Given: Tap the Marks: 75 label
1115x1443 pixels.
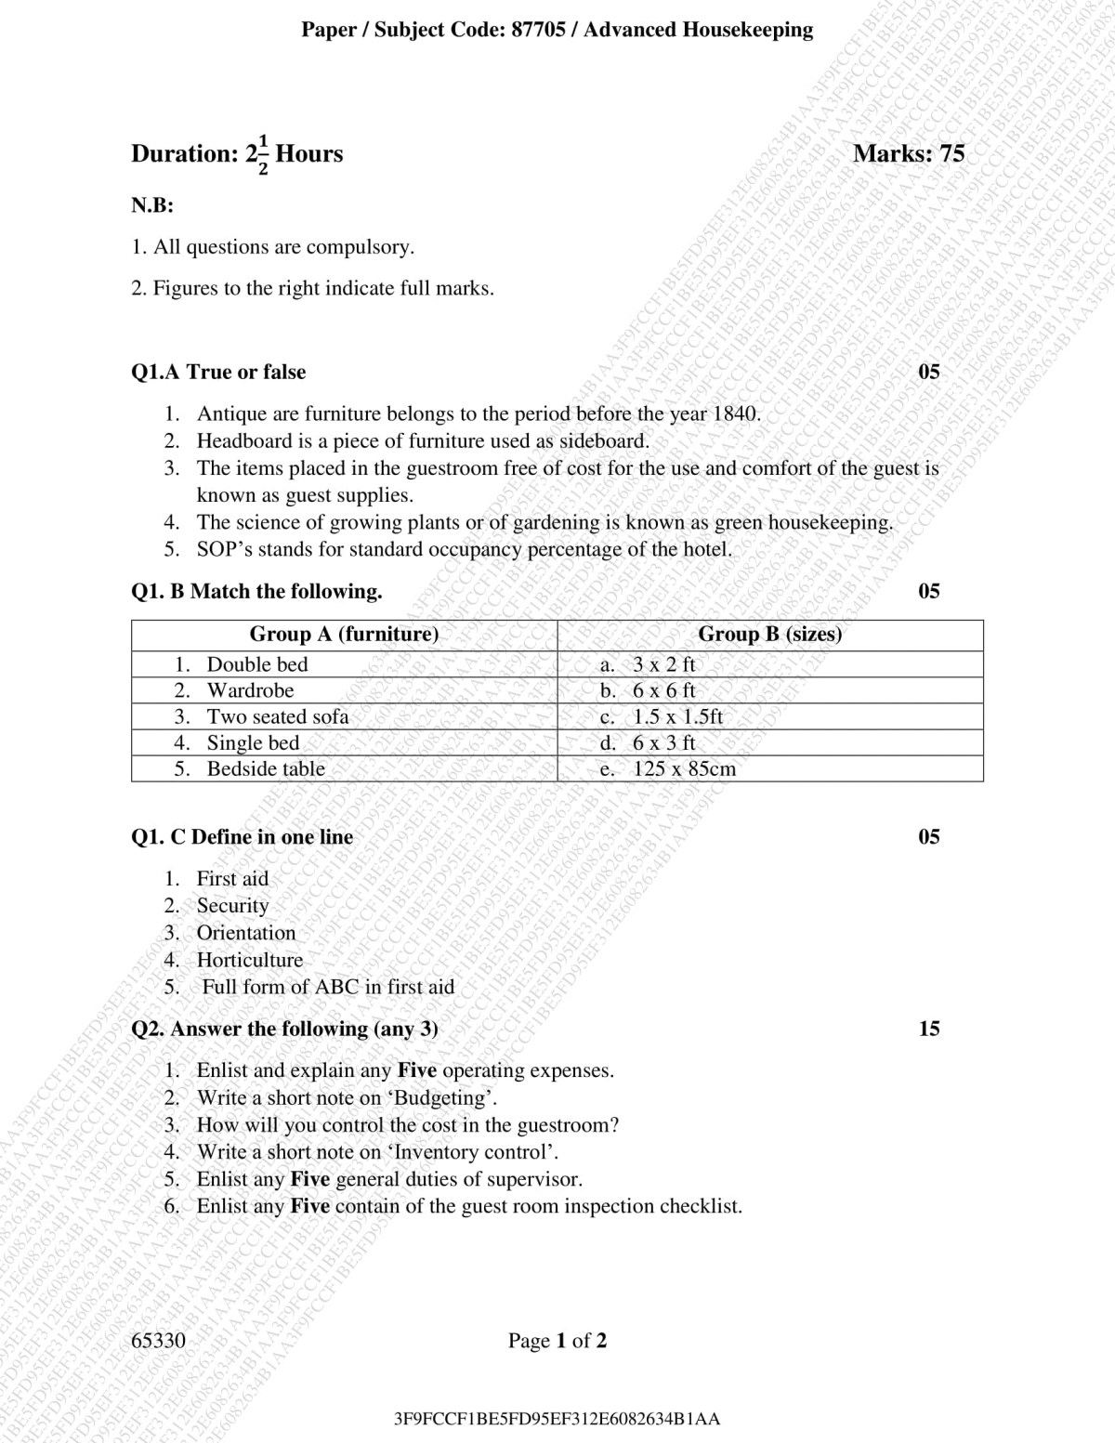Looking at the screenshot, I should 908,153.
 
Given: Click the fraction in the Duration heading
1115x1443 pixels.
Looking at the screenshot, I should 262,154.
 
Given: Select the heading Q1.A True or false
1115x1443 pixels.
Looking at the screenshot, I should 218,372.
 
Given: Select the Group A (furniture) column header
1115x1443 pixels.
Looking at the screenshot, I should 344,635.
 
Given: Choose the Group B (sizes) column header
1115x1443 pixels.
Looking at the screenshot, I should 769,635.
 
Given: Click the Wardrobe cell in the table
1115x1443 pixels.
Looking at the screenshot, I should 250,690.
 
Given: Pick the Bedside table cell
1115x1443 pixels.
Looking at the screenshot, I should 266,768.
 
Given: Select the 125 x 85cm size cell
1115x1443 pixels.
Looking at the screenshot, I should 684,768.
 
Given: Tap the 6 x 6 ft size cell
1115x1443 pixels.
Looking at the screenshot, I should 663,690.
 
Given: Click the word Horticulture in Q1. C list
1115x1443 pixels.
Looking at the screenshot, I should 250,960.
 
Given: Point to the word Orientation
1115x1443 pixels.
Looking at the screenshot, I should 246,933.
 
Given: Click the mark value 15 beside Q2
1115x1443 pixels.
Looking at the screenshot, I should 928,1029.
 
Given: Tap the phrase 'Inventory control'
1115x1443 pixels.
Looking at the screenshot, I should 473,1152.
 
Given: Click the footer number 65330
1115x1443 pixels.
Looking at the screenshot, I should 159,1340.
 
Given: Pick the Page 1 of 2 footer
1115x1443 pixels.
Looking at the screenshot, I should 557,1340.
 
